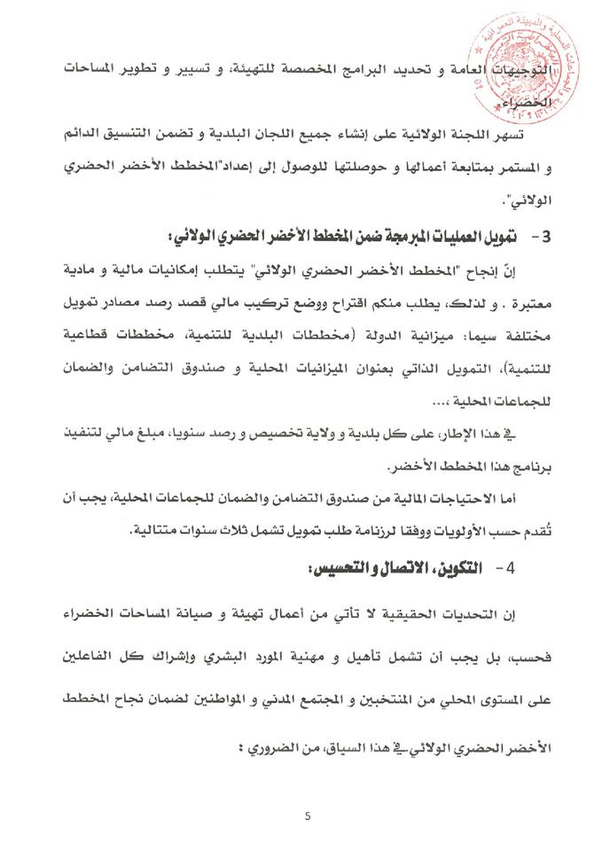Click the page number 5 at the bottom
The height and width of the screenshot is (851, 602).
tap(307, 817)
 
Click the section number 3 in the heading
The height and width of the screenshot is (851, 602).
tap(547, 238)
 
